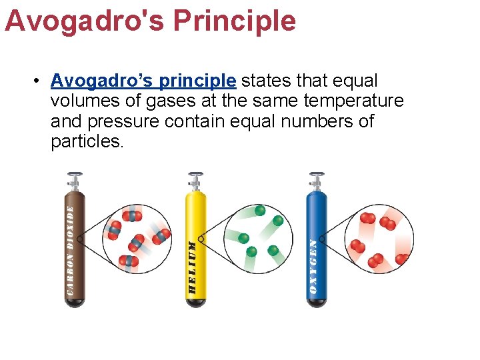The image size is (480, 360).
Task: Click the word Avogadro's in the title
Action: point(83,21)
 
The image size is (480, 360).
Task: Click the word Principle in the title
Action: point(234,21)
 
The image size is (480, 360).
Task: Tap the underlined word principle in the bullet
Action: point(197,81)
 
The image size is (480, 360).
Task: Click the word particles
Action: point(87,142)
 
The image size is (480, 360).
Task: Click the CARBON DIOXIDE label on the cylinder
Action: point(71,250)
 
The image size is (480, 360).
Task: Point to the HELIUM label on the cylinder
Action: point(192,267)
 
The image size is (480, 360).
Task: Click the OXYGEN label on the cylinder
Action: point(313,267)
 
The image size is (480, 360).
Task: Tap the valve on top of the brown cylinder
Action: point(73,179)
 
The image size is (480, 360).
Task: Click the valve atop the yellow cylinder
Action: point(195,179)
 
